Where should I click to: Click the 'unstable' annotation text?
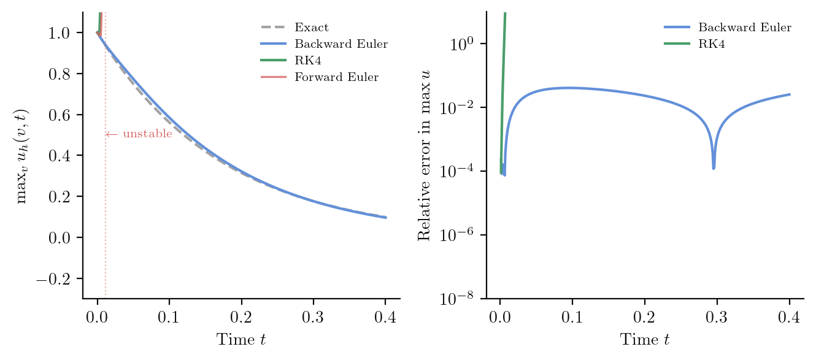tap(147, 134)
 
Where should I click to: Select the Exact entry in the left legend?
tap(312, 28)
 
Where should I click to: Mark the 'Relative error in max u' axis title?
tap(424, 156)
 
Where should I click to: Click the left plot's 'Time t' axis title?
tap(241, 339)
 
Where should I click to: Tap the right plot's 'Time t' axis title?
tap(645, 339)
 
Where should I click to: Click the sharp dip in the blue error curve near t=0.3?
tap(714, 167)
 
